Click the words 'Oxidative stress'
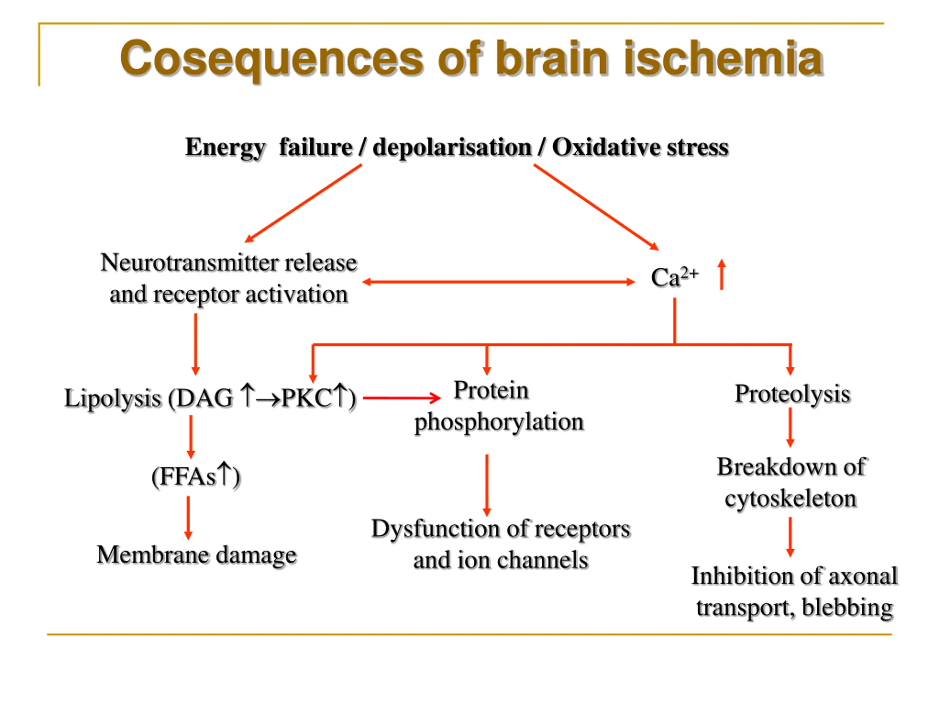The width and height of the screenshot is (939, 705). pyautogui.click(x=640, y=148)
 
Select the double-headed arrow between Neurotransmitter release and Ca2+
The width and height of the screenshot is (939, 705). pyautogui.click(x=498, y=282)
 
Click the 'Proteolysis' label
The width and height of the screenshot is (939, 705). pyautogui.click(x=793, y=394)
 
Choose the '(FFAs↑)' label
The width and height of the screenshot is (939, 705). pyautogui.click(x=196, y=476)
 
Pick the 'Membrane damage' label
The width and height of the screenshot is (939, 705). pyautogui.click(x=197, y=555)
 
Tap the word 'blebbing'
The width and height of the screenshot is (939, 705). pyautogui.click(x=848, y=608)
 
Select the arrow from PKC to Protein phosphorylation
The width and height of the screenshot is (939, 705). pyautogui.click(x=402, y=398)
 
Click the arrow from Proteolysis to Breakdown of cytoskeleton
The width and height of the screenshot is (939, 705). pyautogui.click(x=790, y=427)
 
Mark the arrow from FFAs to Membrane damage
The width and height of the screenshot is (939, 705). pyautogui.click(x=189, y=518)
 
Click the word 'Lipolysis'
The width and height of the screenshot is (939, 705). pyautogui.click(x=113, y=399)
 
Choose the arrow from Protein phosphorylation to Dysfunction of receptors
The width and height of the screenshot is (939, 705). pyautogui.click(x=487, y=485)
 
